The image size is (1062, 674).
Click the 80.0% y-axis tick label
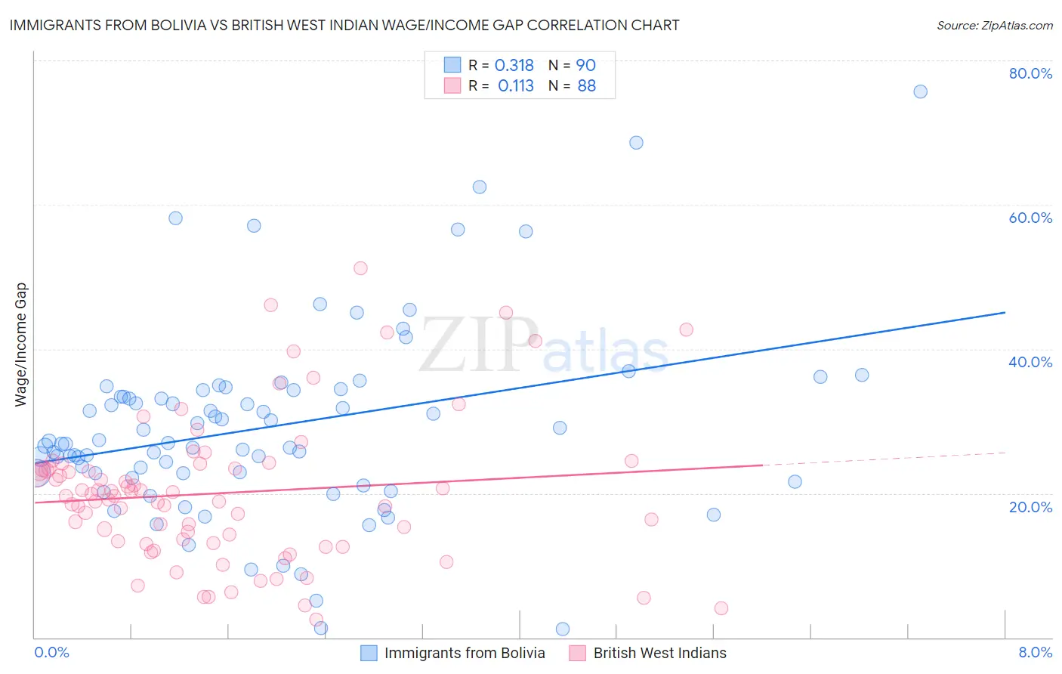click(x=1030, y=73)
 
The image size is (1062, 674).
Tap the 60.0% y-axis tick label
click(x=1030, y=218)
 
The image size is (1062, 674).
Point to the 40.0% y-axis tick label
click(x=1030, y=362)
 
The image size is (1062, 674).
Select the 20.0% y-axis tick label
click(x=1030, y=506)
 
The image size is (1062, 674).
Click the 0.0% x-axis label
click(x=51, y=652)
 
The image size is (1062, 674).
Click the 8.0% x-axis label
click(x=1035, y=652)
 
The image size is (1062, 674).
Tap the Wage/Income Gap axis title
click(x=21, y=345)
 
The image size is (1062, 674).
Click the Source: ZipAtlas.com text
click(x=994, y=25)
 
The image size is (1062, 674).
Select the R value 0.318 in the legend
click(x=514, y=66)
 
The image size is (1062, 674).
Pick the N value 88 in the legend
click(x=586, y=86)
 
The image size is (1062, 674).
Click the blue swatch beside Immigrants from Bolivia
click(x=369, y=653)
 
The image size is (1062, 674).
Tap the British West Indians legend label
click(x=659, y=653)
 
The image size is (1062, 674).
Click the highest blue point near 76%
click(x=920, y=91)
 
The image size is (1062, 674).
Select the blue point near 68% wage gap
click(x=636, y=143)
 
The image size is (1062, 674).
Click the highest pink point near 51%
click(x=360, y=268)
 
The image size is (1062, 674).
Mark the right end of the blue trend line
click(x=1005, y=312)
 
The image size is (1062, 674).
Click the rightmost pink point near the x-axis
click(x=721, y=608)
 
